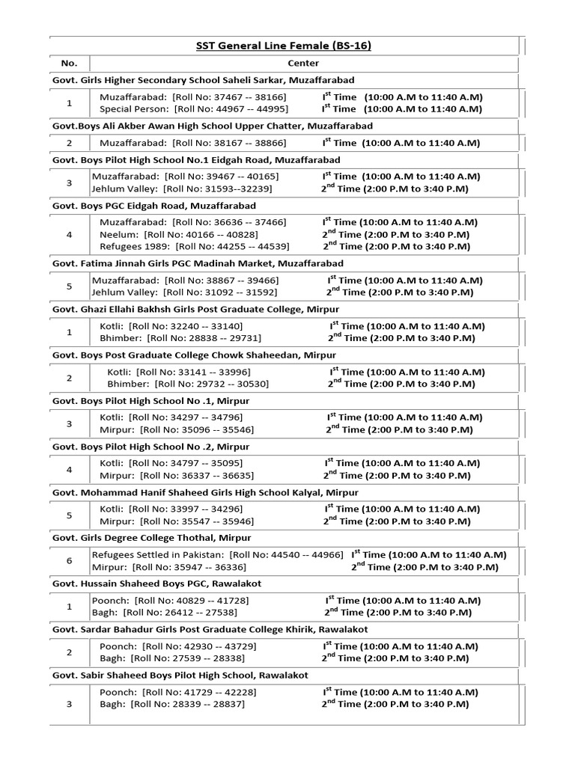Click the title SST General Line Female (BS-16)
click(x=284, y=46)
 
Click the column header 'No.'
click(x=69, y=64)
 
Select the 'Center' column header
click(x=303, y=64)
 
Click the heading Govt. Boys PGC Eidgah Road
click(x=153, y=206)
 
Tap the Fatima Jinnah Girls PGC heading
click(x=198, y=264)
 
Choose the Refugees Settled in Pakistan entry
click(x=217, y=555)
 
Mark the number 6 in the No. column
click(x=69, y=561)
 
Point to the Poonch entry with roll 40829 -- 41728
click(x=170, y=601)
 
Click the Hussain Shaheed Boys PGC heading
click(x=156, y=583)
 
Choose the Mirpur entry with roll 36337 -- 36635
click(x=177, y=475)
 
